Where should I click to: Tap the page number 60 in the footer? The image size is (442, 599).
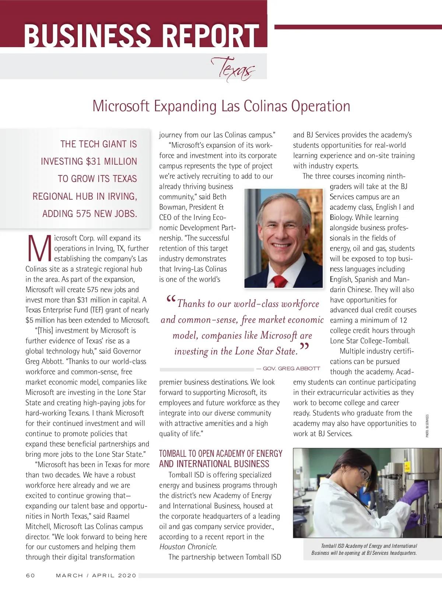tap(31, 575)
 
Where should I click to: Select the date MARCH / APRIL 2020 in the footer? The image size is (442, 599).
tap(96, 575)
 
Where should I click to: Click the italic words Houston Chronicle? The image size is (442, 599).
tap(188, 547)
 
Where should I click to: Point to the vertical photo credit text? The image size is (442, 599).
tap(427, 426)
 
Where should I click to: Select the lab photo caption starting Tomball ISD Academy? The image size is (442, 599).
tap(364, 549)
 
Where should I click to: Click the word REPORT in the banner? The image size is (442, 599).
tap(211, 35)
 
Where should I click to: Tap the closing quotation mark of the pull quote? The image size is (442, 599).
tap(304, 347)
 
